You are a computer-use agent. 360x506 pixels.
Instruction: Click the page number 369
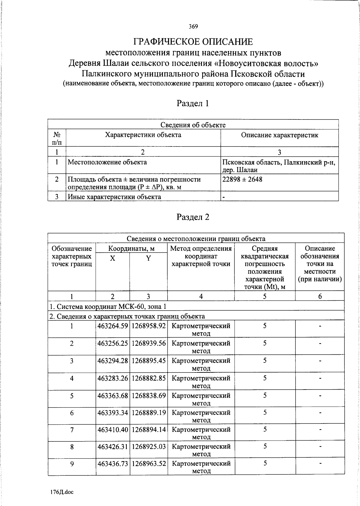point(193,27)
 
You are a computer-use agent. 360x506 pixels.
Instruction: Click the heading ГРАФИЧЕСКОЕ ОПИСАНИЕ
point(193,41)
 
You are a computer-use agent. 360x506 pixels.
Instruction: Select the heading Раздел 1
point(193,104)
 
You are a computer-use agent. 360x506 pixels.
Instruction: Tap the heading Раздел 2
point(193,217)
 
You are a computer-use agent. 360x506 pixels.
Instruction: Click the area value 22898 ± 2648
point(242,179)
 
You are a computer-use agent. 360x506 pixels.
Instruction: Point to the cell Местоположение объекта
point(107,162)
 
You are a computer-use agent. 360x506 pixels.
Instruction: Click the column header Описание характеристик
point(279,135)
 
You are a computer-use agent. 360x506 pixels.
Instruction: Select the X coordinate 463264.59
point(112,326)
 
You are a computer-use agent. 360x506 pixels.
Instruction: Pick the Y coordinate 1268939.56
point(148,343)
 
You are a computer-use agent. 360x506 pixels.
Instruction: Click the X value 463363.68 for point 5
point(112,396)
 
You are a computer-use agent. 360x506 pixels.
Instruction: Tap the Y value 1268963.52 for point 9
point(148,464)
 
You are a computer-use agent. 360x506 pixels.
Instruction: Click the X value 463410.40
point(112,430)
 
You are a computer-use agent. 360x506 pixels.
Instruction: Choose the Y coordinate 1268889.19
point(148,413)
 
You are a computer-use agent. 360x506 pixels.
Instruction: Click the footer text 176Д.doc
point(62,492)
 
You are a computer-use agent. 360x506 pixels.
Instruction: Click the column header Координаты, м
point(131,248)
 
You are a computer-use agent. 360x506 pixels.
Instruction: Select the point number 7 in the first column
point(72,430)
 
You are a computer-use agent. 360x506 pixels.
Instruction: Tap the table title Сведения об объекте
point(193,125)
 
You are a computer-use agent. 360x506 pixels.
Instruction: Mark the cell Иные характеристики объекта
point(114,197)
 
